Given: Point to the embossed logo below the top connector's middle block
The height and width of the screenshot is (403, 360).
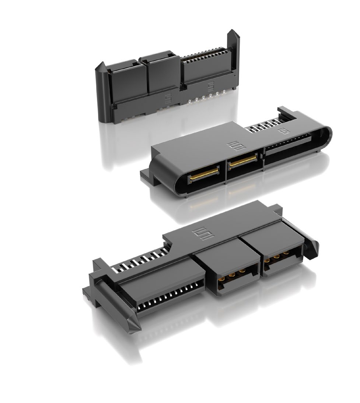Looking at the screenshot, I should click(166, 99).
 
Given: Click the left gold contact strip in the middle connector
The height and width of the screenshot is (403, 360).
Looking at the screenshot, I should click(203, 174).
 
